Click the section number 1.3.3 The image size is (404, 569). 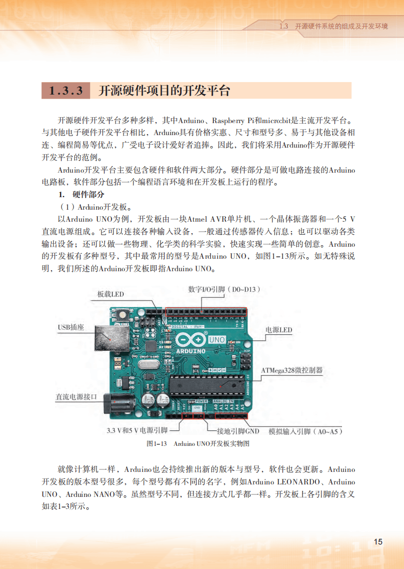pos(66,91)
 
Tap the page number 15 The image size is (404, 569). pos(378,542)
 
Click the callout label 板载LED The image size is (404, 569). pos(110,294)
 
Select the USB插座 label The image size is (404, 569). pos(70,327)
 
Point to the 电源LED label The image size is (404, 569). pos(278,330)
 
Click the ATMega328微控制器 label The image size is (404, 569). pos(292,371)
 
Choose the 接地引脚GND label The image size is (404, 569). pos(237,431)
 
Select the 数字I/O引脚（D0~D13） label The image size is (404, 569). pos(224,289)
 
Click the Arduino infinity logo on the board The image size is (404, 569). pos(190,341)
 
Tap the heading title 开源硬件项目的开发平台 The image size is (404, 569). pos(164,91)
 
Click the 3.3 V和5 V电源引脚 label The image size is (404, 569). pos(137,431)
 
